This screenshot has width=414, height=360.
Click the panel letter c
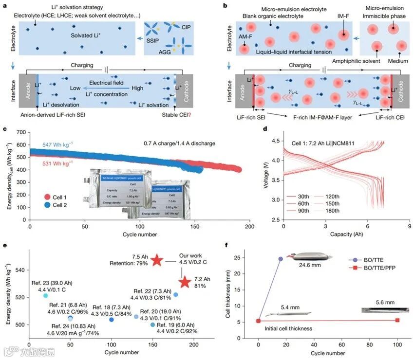5,129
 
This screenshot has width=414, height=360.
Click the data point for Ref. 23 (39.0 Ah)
45,295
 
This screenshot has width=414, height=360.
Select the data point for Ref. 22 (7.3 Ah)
176,294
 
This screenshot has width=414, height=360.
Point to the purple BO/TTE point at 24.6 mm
281,259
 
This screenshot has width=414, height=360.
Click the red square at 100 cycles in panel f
397,320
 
